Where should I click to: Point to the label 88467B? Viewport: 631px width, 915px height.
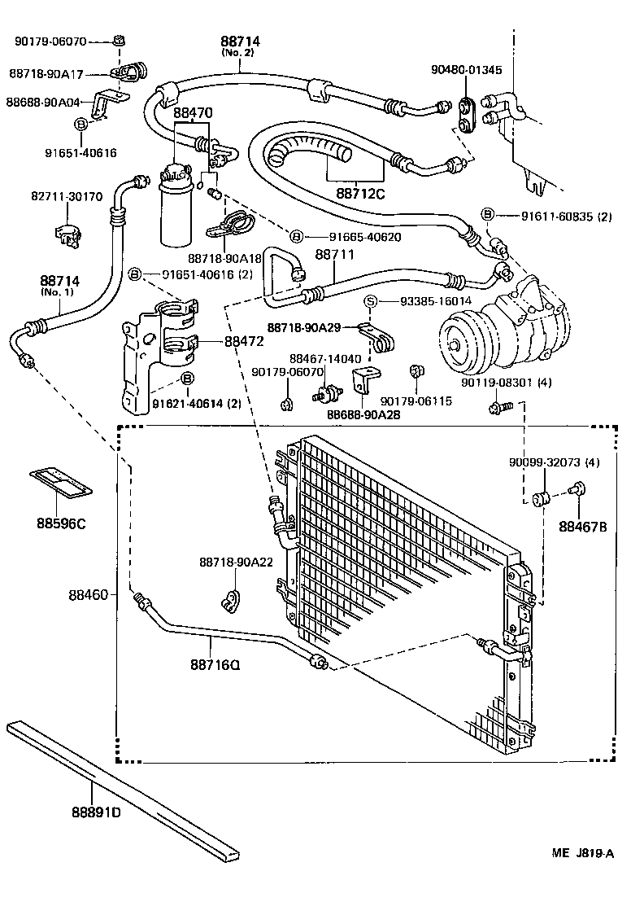click(583, 526)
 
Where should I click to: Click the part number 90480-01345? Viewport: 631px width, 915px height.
click(467, 70)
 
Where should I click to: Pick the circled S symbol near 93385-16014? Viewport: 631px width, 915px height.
click(372, 301)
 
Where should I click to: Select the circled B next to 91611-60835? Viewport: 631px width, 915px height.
click(487, 214)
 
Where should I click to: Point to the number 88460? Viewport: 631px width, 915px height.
click(88, 595)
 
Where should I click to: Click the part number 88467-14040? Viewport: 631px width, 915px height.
click(326, 358)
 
